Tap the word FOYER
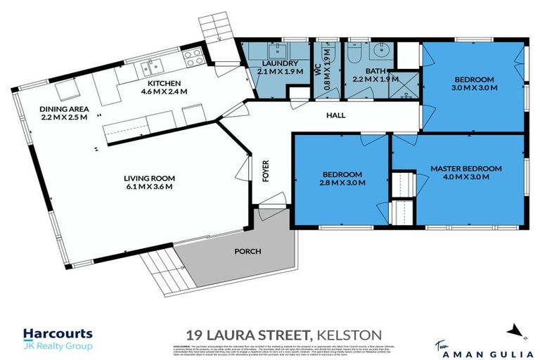266,171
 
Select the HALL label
334,115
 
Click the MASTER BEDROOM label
466,169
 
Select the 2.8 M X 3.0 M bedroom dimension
343,184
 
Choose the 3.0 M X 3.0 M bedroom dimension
473,89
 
